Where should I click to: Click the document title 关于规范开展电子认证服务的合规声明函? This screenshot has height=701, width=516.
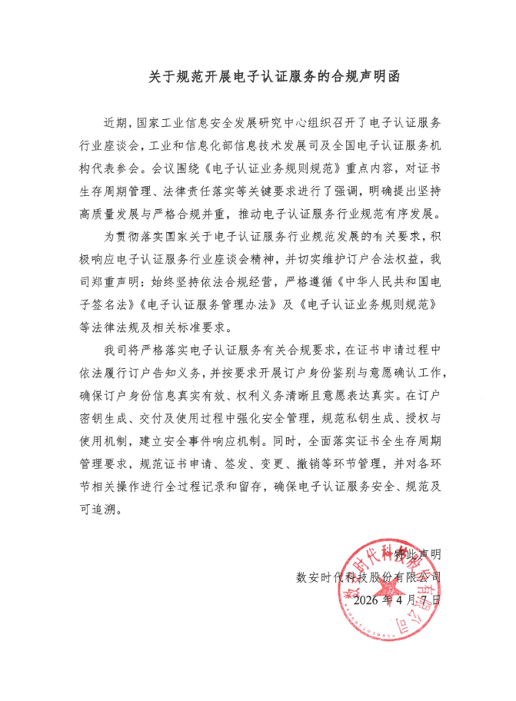258,78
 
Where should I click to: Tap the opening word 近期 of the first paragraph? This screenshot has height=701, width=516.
115,123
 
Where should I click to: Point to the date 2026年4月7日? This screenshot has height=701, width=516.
398,598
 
